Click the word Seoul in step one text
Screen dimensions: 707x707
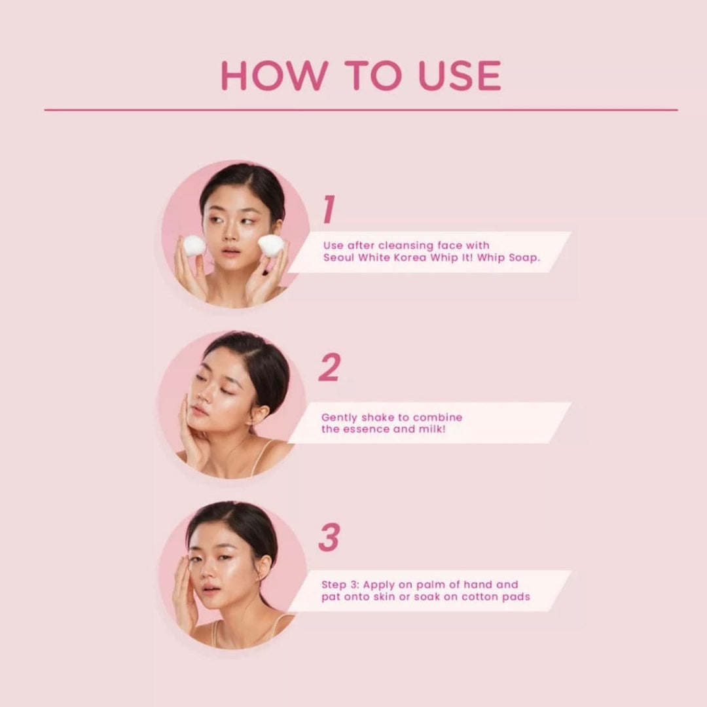[338, 258]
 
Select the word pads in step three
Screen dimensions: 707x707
[518, 597]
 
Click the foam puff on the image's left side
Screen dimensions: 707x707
[194, 245]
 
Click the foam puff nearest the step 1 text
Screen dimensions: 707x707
[271, 245]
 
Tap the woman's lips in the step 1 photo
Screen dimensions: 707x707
[230, 251]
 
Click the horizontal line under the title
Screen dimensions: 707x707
[361, 110]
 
